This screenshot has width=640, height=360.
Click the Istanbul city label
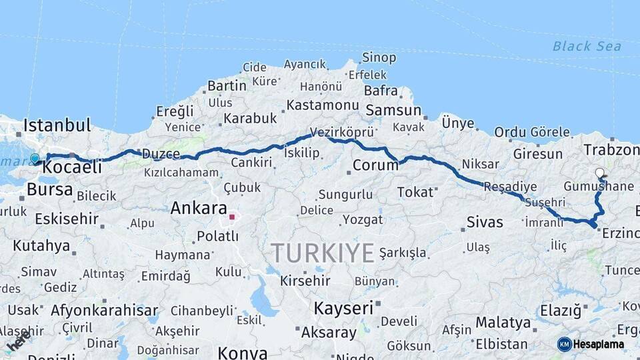[57, 125]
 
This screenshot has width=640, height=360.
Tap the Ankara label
[199, 208]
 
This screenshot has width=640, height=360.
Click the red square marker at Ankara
[232, 217]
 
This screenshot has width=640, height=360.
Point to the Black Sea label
[587, 46]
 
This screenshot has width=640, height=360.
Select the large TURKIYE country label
[323, 253]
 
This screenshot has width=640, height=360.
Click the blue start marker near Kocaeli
[35, 159]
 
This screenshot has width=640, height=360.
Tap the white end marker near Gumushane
[599, 173]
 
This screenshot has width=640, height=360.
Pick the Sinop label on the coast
[379, 58]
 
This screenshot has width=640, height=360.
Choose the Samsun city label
[393, 111]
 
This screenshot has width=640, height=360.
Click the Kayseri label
[343, 308]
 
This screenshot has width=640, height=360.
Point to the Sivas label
[485, 222]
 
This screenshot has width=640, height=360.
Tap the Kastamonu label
[323, 105]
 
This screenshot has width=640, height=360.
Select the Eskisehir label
[67, 219]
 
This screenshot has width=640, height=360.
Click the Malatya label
[503, 323]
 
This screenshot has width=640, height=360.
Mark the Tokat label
[415, 193]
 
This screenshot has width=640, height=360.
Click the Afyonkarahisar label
[105, 310]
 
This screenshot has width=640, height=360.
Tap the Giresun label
[537, 154]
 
